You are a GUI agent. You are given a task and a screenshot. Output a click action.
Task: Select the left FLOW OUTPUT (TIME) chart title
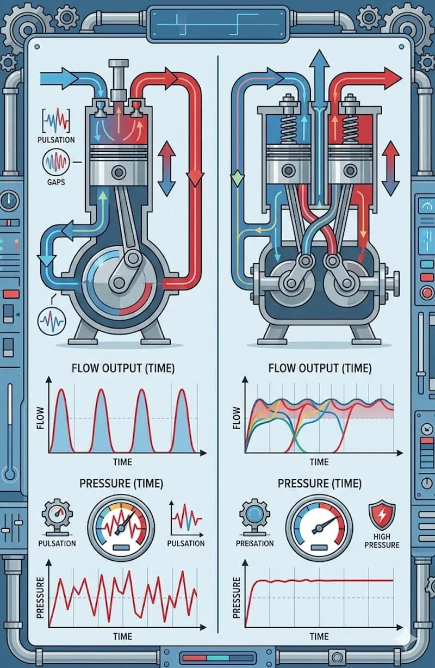pos(123,368)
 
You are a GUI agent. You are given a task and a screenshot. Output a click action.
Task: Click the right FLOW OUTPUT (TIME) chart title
pos(319,368)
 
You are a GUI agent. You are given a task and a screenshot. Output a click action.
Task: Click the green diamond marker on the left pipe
pos(235,178)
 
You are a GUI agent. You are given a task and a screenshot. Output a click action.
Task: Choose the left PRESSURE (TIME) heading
pos(121,483)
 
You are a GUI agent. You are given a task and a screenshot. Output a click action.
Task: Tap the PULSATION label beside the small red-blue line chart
pos(186,543)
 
